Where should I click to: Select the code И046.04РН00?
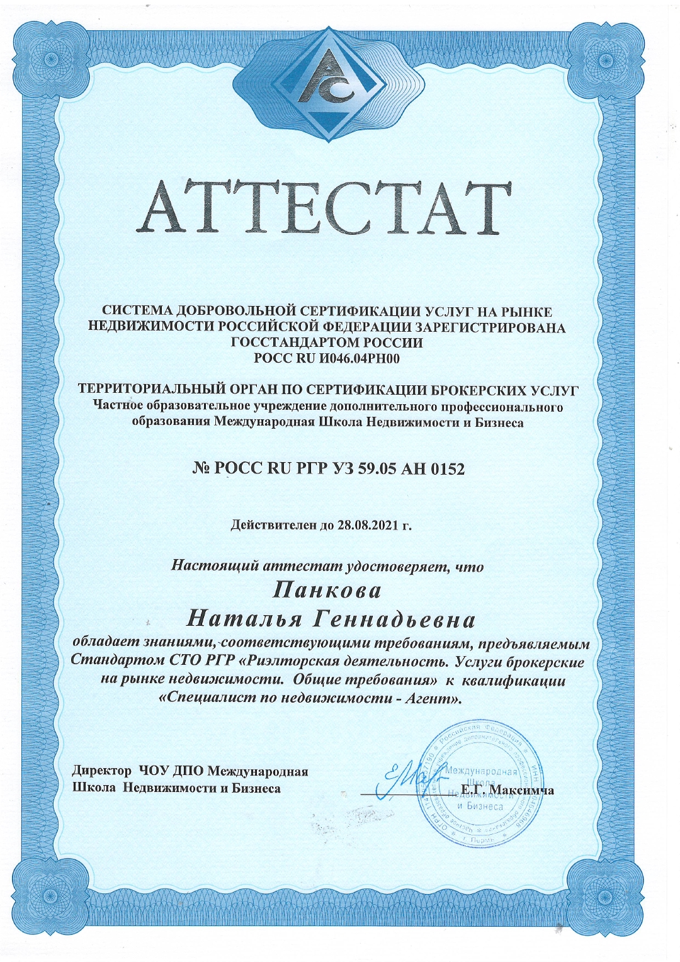tap(356, 359)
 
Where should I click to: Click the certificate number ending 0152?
tap(328, 469)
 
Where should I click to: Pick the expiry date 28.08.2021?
tap(366, 524)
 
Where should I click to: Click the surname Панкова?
tap(327, 591)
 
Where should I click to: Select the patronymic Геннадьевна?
tap(394, 620)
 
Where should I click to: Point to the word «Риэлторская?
tap(290, 662)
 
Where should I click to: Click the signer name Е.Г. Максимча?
tap(507, 790)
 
